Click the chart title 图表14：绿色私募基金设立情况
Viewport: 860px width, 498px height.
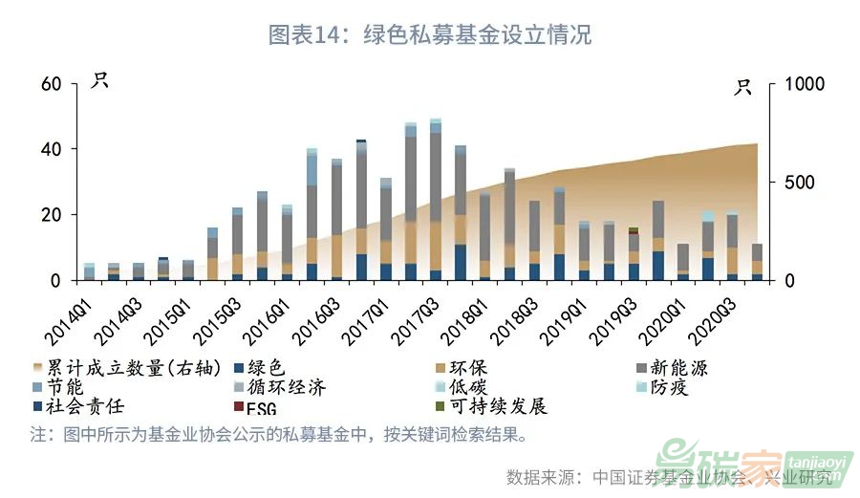430,35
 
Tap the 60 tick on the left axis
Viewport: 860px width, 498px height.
52,84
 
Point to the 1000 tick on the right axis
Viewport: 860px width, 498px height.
803,84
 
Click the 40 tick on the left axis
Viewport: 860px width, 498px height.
52,150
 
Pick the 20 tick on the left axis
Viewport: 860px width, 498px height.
52,215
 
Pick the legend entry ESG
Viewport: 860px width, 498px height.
263,408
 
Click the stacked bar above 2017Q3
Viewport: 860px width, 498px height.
436,201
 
